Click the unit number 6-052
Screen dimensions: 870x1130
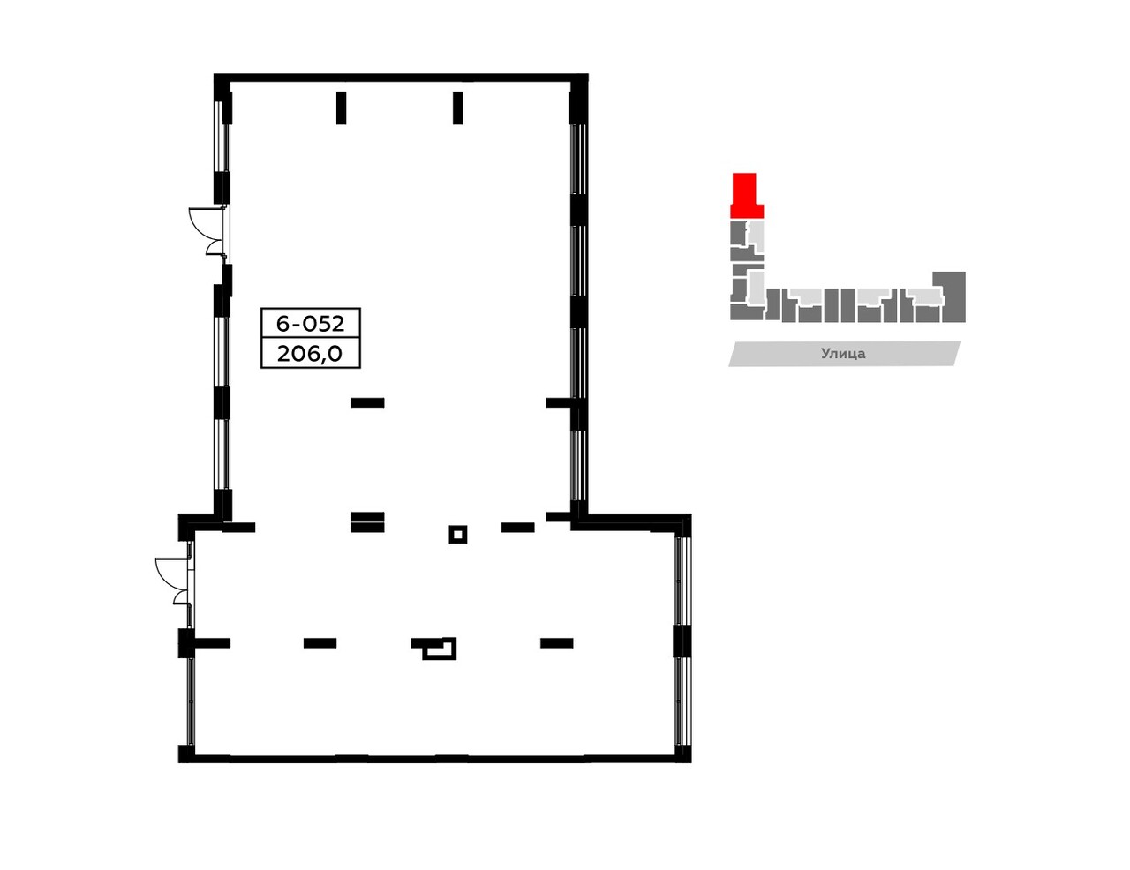(310, 323)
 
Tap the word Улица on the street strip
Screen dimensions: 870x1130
(843, 354)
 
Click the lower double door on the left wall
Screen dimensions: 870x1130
(174, 581)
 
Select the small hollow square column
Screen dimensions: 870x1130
(457, 534)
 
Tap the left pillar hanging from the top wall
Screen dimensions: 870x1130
(342, 108)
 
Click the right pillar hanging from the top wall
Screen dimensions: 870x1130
(457, 108)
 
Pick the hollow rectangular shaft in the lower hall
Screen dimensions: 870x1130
(439, 649)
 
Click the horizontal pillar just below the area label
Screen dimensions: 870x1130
(367, 403)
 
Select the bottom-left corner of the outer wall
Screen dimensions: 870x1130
(185, 754)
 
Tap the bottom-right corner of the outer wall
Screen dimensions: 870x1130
(683, 754)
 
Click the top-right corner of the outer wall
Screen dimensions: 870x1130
(580, 82)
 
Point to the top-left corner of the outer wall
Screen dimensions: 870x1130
(222, 82)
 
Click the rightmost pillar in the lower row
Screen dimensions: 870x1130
(556, 643)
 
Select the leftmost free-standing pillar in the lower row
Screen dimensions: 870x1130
(320, 643)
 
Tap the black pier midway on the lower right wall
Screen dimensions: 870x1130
(682, 641)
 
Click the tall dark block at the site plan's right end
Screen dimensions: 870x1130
(954, 296)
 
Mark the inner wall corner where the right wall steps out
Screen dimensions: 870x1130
(579, 521)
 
